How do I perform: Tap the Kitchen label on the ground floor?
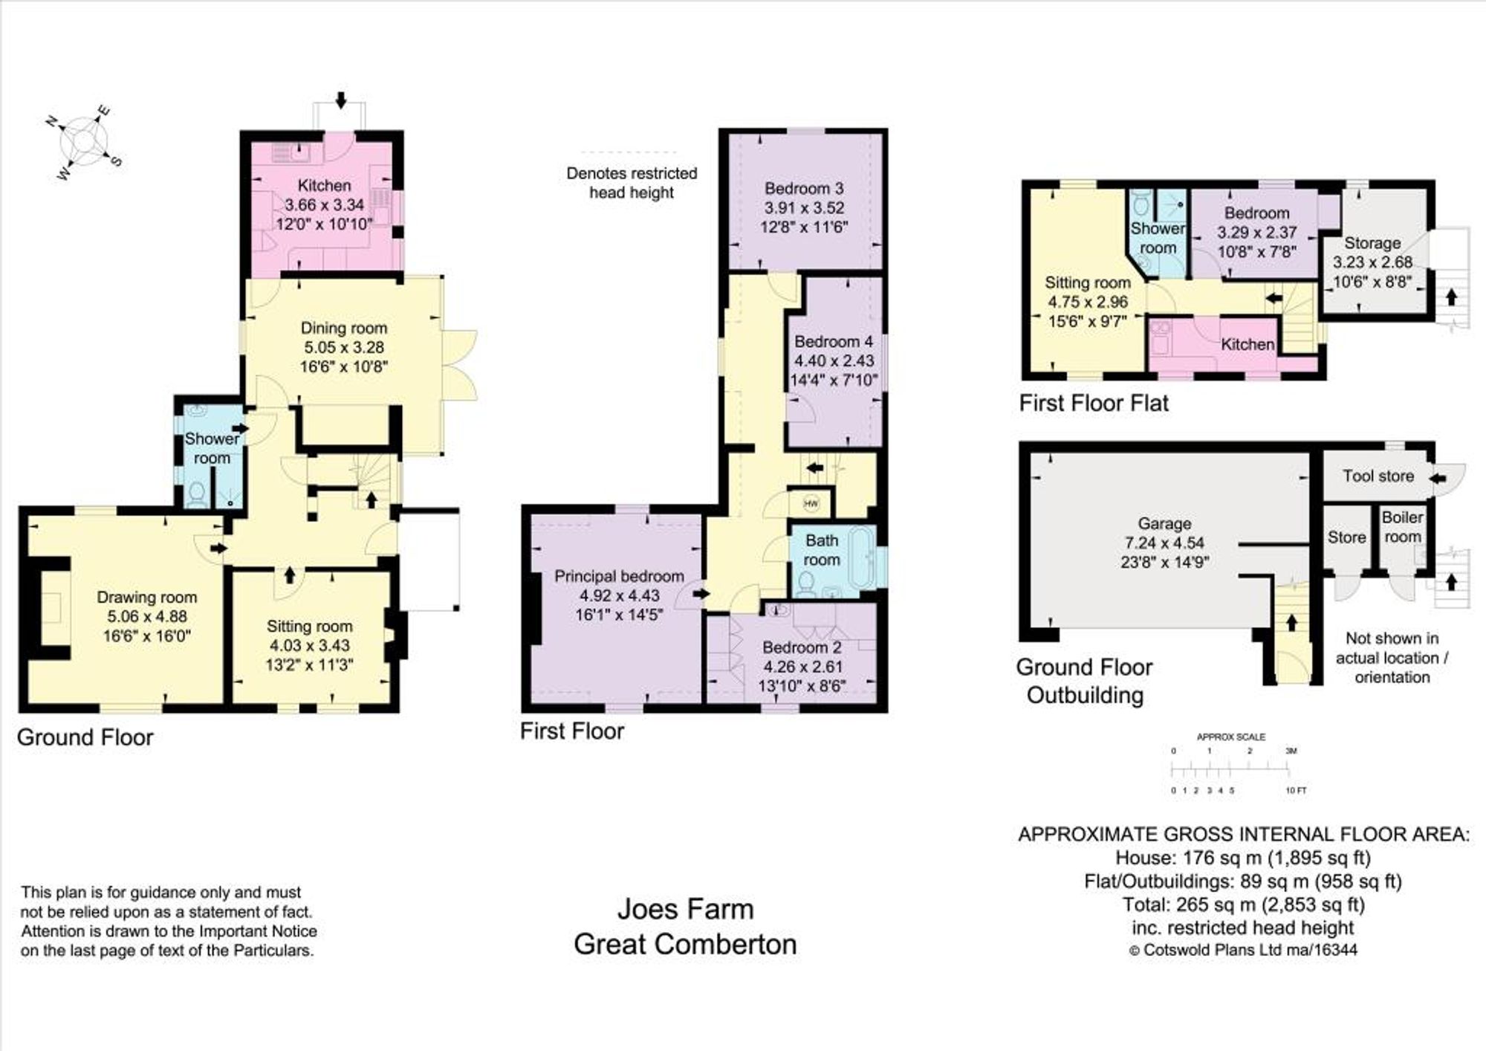(324, 185)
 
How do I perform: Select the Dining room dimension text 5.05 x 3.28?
(343, 347)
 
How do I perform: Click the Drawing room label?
(146, 597)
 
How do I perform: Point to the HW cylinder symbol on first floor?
(811, 504)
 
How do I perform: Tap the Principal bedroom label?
(618, 576)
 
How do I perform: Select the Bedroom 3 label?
(804, 188)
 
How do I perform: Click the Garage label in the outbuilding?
(1164, 523)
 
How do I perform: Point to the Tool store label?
(1378, 476)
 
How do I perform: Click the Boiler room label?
(1402, 526)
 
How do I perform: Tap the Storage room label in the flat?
(1372, 243)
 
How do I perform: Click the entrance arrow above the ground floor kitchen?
(341, 100)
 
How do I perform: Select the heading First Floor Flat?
(1093, 403)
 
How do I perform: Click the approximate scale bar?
(1233, 770)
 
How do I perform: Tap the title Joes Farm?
(685, 909)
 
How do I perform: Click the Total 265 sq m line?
(1243, 905)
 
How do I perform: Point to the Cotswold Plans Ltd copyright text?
(1243, 950)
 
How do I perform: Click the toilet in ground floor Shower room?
(196, 494)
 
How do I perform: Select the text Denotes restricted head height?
(632, 183)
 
